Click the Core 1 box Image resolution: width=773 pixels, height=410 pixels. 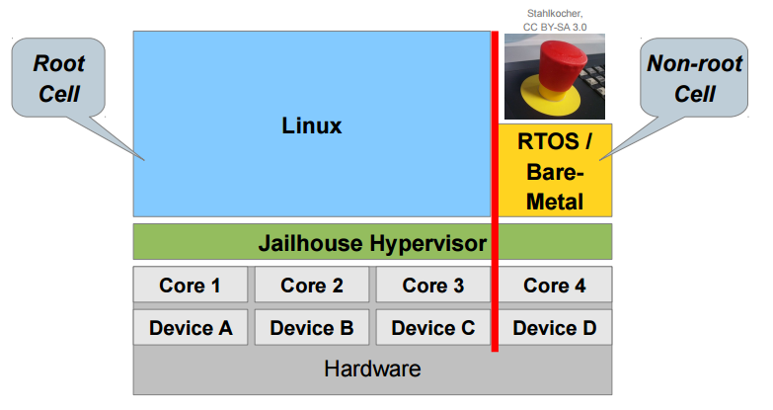[191, 286]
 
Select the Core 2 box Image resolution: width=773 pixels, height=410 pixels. [312, 286]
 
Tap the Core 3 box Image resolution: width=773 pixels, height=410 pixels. [433, 286]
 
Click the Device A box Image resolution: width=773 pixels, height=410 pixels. [191, 327]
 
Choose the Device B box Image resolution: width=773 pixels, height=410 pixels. [312, 327]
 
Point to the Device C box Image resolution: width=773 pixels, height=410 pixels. [433, 327]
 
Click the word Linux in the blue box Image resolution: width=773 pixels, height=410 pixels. [311, 125]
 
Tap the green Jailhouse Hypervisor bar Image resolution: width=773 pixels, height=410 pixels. [372, 242]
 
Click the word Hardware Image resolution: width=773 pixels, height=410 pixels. [372, 369]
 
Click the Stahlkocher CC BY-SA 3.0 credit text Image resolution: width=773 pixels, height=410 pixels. [555, 21]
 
